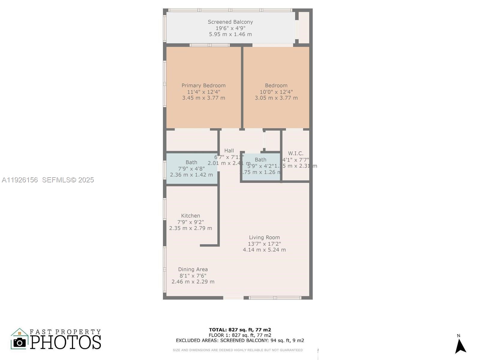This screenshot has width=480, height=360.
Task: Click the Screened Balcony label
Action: [230, 22]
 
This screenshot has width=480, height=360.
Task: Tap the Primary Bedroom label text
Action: [203, 85]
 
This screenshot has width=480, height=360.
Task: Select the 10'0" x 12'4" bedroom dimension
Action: [276, 92]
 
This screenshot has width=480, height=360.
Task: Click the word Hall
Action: [229, 151]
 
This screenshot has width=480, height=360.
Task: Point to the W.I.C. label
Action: [295, 153]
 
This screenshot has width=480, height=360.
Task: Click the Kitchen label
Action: [190, 216]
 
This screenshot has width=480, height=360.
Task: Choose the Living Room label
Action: [264, 237]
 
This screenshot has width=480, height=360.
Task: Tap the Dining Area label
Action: [193, 269]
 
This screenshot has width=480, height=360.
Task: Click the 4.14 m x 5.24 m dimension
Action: [264, 250]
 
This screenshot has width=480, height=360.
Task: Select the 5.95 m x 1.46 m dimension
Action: [230, 34]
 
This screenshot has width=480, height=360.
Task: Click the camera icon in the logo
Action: [20, 342]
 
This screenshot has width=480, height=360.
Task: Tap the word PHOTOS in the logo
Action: [66, 342]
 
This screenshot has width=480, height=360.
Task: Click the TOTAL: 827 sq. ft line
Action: [240, 330]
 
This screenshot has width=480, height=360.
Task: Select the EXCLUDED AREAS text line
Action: [240, 340]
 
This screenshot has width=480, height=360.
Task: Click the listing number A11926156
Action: [20, 180]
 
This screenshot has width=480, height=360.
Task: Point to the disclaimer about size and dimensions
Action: [238, 350]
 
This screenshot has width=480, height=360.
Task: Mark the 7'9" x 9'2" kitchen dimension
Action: [190, 222]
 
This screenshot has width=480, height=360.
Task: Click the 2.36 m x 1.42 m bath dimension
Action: [191, 175]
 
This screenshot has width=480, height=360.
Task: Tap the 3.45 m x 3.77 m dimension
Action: [203, 98]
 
